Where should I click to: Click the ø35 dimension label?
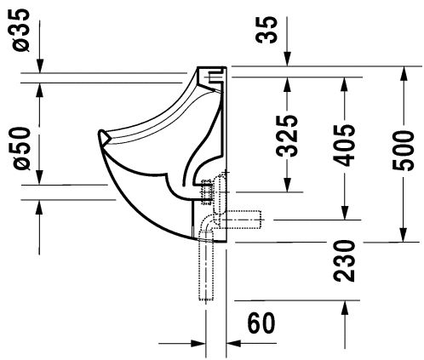[x=21, y=31]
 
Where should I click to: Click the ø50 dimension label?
[x=21, y=148]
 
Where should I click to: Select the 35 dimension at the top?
[x=266, y=30]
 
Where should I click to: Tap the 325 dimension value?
[x=287, y=136]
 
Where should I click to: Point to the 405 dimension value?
[x=344, y=145]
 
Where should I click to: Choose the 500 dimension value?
[x=404, y=151]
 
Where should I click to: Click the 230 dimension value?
[x=344, y=260]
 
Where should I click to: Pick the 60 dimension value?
[x=261, y=323]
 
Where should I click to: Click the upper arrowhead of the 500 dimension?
[x=404, y=74]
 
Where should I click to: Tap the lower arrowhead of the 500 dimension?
[x=404, y=234]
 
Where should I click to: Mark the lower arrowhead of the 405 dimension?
[x=344, y=212]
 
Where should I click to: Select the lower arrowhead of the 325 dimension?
[x=288, y=185]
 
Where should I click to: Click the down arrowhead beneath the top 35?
[x=288, y=59]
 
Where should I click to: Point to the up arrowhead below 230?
[x=344, y=308]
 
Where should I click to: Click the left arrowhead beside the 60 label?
[x=198, y=343]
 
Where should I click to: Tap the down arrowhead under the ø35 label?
[x=40, y=66]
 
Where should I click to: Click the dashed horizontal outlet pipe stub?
[x=241, y=220]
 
